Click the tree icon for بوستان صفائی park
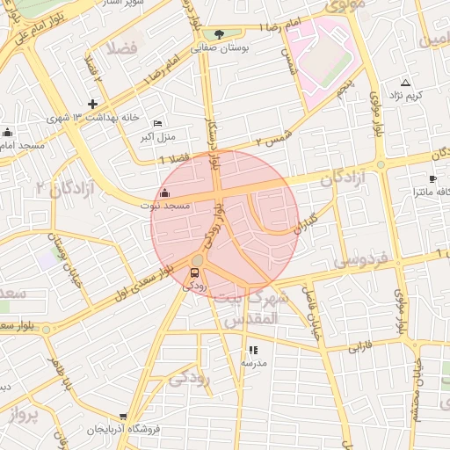[x=219, y=35]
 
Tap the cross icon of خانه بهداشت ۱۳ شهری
[x=92, y=104]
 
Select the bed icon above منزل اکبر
[x=157, y=123]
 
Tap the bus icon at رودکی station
[x=194, y=272]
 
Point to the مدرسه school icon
[x=254, y=350]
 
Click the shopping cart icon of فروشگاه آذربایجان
[x=122, y=417]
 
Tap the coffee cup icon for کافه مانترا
[x=432, y=178]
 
